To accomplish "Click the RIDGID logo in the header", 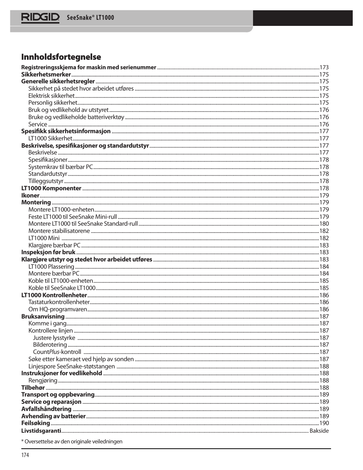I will pyautogui.click(x=40, y=18).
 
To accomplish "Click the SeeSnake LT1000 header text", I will pyautogui.click(x=90, y=18).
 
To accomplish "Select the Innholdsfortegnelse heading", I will pyautogui.click(x=61, y=57).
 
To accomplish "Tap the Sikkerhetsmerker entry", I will pyautogui.click(x=46, y=75).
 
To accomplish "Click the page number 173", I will pyautogui.click(x=324, y=67).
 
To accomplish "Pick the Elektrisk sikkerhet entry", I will pyautogui.click(x=51, y=96).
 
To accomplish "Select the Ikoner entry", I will pyautogui.click(x=30, y=196).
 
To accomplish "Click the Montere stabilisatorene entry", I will pyautogui.click(x=59, y=231).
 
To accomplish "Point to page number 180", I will pyautogui.click(x=324, y=224).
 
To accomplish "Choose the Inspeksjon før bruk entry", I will pyautogui.click(x=48, y=252).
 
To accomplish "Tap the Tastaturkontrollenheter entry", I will pyautogui.click(x=59, y=302).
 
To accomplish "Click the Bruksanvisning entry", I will pyautogui.click(x=43, y=317).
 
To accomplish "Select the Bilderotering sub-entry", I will pyautogui.click(x=50, y=345).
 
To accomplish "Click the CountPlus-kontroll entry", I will pyautogui.click(x=57, y=352).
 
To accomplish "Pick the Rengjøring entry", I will pyautogui.click(x=43, y=381).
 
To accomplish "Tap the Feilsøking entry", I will pyautogui.click(x=35, y=423).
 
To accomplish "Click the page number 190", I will pyautogui.click(x=324, y=423).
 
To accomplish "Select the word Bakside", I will pyautogui.click(x=319, y=431).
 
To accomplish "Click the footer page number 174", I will pyautogui.click(x=25, y=455).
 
